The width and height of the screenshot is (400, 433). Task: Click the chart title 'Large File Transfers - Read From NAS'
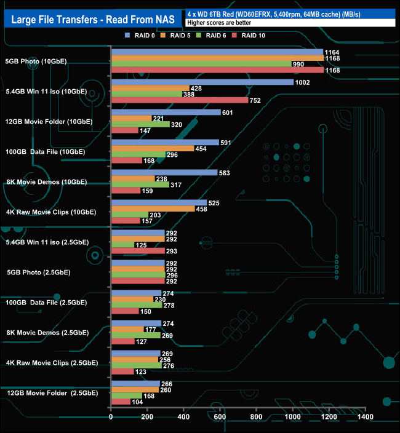[x=93, y=20]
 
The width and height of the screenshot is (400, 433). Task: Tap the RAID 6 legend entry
[x=215, y=36]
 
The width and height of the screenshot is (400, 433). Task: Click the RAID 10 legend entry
[x=253, y=36]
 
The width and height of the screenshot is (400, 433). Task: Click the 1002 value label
[x=303, y=82]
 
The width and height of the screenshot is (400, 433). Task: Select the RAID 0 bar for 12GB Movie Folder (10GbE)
[x=166, y=112]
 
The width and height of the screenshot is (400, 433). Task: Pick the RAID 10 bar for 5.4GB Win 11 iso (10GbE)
[x=179, y=100]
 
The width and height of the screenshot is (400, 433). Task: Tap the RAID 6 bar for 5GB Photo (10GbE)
[x=201, y=64]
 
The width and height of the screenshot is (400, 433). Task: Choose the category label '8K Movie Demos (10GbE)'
[x=46, y=182]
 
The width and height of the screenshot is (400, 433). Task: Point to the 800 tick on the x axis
[x=256, y=418]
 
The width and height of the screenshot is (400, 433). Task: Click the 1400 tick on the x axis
[x=365, y=418]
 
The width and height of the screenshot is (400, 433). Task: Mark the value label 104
[x=139, y=402]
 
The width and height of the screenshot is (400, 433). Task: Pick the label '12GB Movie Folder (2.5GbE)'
[x=51, y=392]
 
